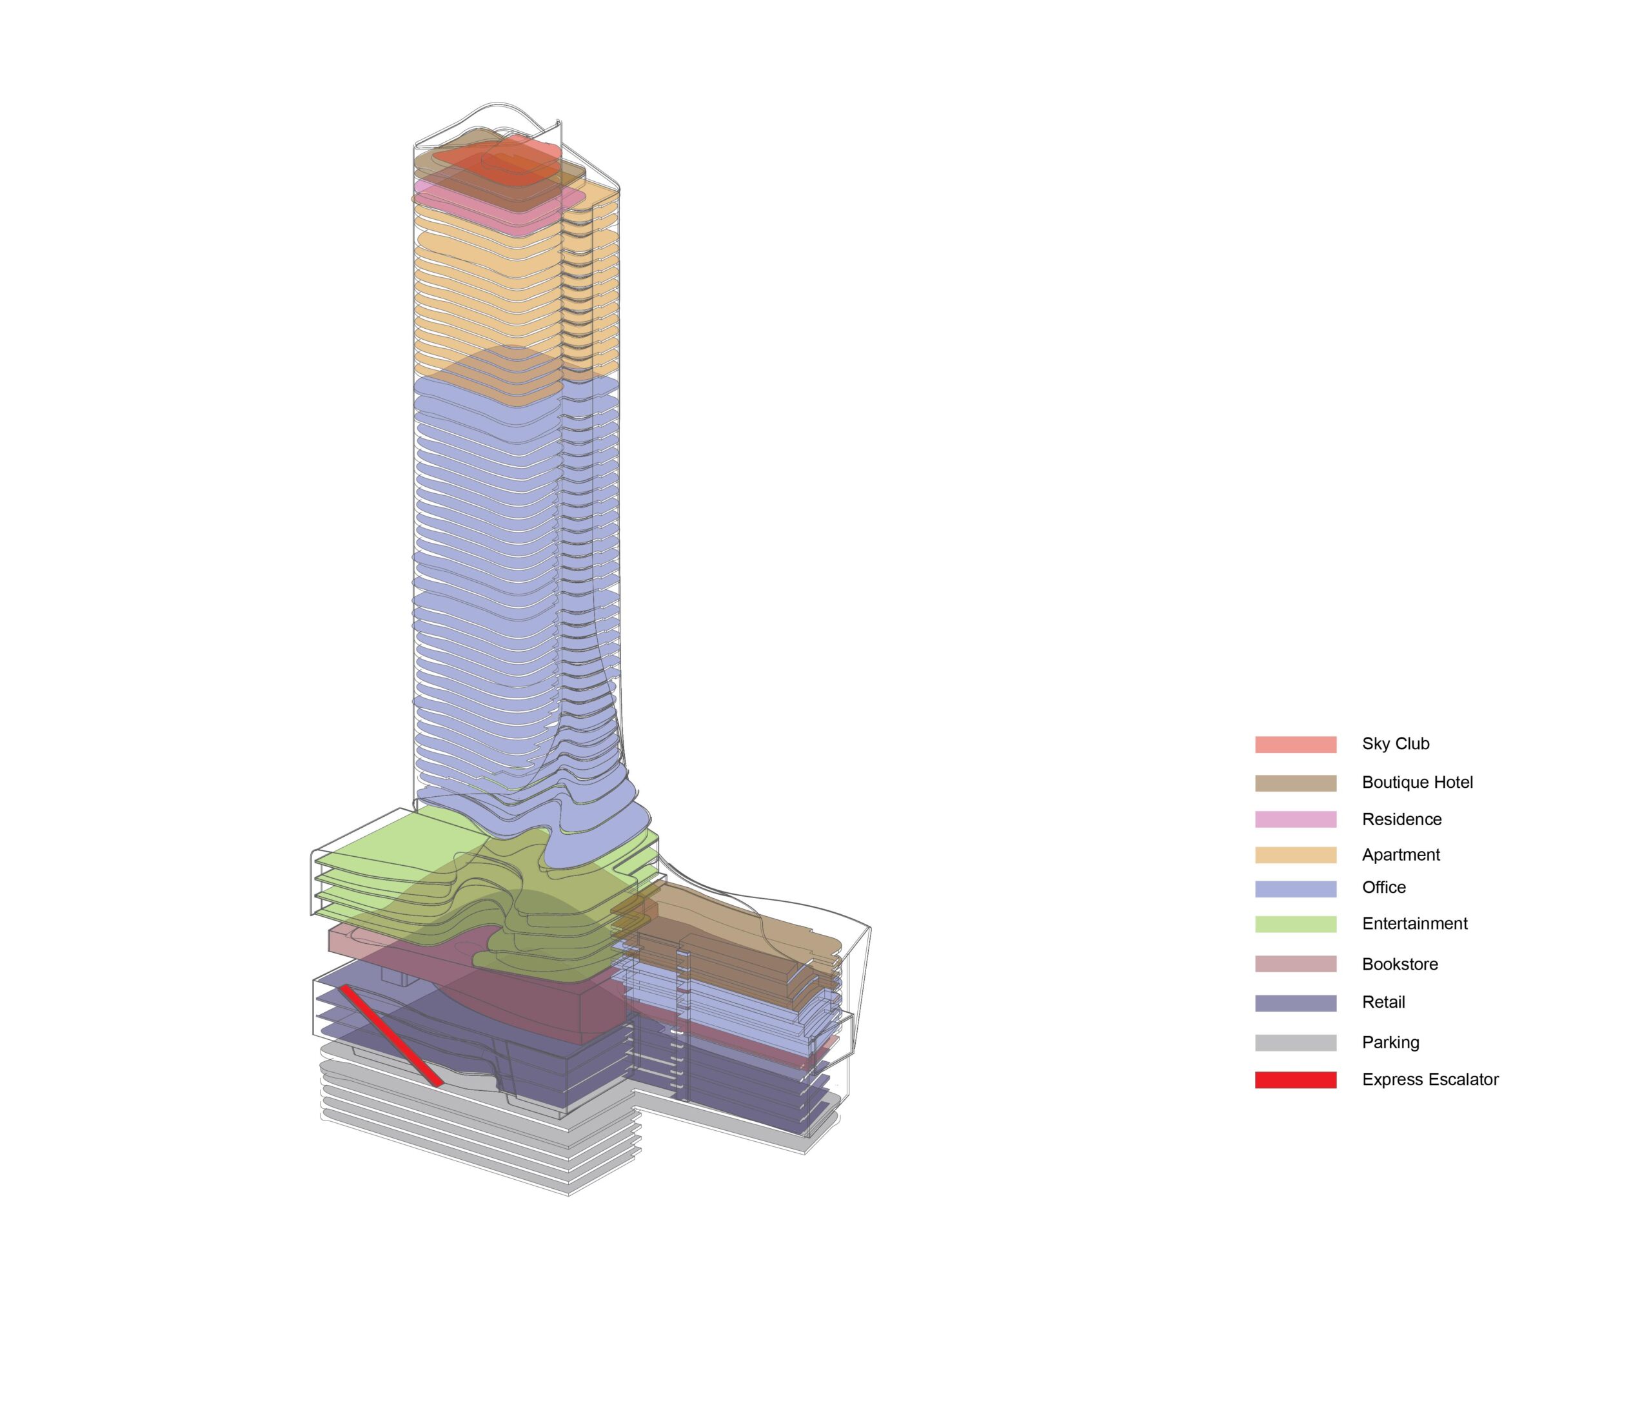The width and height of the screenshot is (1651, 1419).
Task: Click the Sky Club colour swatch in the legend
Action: tap(1296, 745)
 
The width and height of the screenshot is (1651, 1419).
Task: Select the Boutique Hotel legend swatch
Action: tap(1296, 783)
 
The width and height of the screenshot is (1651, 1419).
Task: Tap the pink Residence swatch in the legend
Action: tap(1296, 819)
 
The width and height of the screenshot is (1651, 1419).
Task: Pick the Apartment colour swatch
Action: tap(1296, 855)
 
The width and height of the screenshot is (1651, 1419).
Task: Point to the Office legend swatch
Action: tap(1296, 889)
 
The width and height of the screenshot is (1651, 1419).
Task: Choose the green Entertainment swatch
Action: tap(1296, 925)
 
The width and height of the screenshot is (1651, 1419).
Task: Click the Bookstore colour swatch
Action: tap(1296, 964)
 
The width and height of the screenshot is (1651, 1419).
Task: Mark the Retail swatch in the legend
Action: tap(1296, 1003)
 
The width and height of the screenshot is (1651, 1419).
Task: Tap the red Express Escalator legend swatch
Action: tap(1296, 1080)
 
